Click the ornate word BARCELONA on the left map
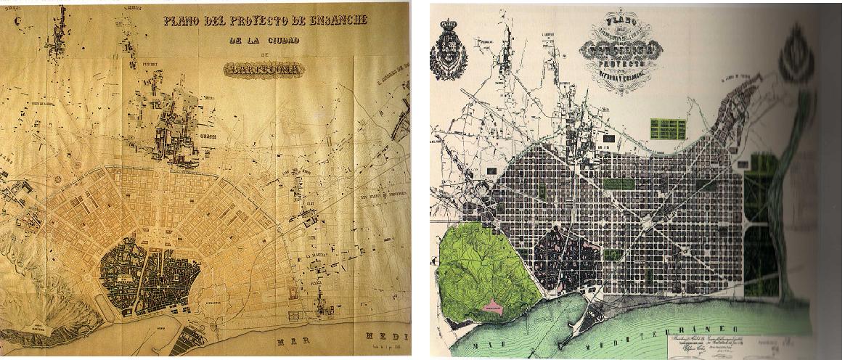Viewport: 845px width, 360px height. pos(264,70)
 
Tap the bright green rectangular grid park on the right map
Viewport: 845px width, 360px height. pos(667,129)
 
